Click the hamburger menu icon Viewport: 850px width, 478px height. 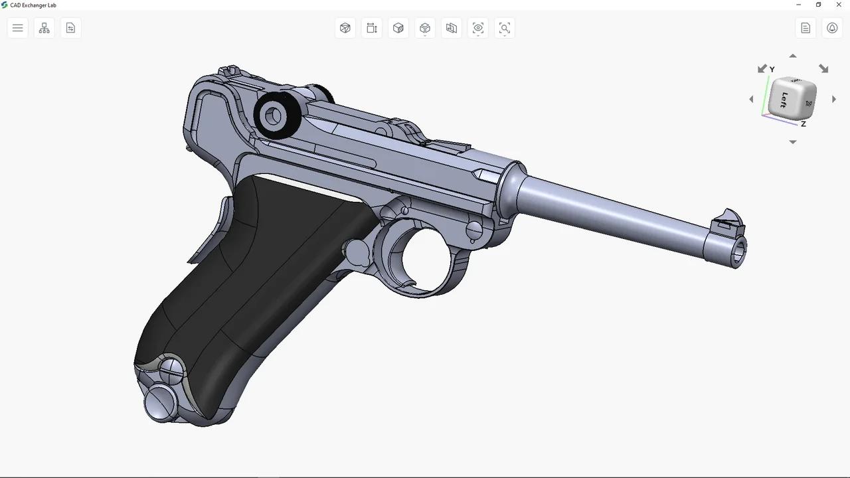[x=18, y=28]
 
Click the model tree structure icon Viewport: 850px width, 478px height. [x=44, y=28]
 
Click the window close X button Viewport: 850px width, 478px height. [x=838, y=5]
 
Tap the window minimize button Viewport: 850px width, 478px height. [x=798, y=5]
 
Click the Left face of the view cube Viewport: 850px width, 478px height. [x=784, y=100]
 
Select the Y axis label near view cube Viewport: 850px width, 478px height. [x=772, y=70]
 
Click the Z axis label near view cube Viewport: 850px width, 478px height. [x=804, y=124]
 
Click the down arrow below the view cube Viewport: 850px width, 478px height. [x=792, y=142]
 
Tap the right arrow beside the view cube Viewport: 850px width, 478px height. [x=834, y=100]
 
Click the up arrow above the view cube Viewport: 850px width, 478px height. [x=792, y=56]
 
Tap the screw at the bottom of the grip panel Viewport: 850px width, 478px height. [x=171, y=370]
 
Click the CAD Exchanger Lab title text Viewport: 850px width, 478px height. [x=33, y=5]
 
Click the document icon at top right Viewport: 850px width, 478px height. [x=806, y=28]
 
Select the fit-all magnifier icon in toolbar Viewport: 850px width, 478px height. [x=505, y=28]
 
